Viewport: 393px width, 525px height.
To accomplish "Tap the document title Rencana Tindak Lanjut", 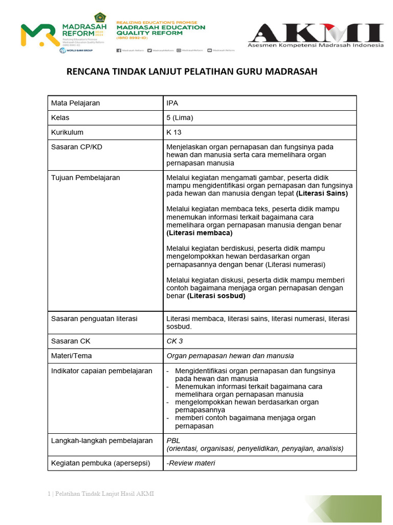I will [x=192, y=71].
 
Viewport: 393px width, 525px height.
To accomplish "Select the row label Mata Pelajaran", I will [x=75, y=103].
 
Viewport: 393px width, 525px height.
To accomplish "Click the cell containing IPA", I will [x=172, y=103].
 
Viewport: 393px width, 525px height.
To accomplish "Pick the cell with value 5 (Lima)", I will [x=180, y=117].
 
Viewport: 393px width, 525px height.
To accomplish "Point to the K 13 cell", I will [x=174, y=132].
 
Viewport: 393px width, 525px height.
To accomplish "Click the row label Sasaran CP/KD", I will [x=76, y=147].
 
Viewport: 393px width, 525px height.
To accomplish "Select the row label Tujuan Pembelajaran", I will [x=85, y=177].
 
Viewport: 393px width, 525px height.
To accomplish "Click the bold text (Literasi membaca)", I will [x=200, y=233].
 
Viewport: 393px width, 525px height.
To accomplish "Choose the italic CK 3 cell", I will [x=174, y=341].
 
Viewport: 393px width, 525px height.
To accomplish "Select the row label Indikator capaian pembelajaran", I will [x=101, y=371].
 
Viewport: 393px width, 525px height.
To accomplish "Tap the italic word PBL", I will [x=173, y=440].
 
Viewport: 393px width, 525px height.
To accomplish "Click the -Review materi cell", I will [x=191, y=463].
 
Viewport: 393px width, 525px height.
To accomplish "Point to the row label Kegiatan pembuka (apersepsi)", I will [x=100, y=463].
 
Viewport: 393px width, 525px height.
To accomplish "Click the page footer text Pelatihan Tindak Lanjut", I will [x=103, y=494].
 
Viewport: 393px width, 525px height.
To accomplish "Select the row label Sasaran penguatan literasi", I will [x=94, y=318].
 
